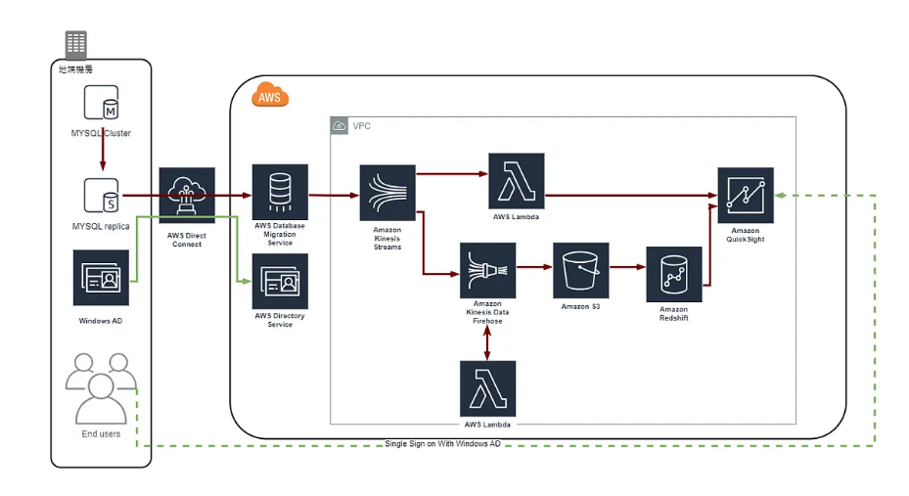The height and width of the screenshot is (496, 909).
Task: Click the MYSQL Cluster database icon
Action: (101, 105)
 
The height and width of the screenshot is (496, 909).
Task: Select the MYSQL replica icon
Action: (101, 196)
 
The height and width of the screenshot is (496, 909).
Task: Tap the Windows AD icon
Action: (101, 278)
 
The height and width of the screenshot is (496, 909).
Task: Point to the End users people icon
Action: (101, 388)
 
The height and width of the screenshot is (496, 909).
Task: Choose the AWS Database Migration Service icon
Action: (281, 192)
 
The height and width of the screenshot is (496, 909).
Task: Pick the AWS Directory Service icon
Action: (281, 281)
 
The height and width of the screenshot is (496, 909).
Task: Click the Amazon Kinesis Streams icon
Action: (387, 193)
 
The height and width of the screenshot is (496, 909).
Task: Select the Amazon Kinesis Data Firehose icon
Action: (487, 271)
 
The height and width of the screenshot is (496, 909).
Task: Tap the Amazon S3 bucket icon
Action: (581, 270)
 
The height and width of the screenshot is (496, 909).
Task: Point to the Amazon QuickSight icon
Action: (746, 196)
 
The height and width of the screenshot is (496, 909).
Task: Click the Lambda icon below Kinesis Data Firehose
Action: (487, 389)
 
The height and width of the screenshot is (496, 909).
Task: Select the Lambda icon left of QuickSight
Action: (516, 181)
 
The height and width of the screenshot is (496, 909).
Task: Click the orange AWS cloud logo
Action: (270, 96)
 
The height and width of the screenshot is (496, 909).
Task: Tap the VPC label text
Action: (362, 126)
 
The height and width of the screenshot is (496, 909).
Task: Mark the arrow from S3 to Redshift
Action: (627, 266)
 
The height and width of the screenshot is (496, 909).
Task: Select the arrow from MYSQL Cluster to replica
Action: (101, 152)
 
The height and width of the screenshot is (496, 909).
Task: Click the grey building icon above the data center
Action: (75, 44)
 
